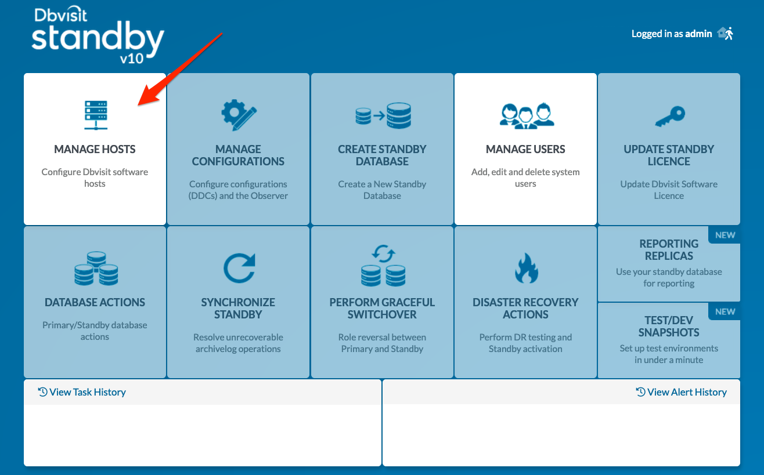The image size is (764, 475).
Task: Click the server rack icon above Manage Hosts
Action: [x=96, y=115]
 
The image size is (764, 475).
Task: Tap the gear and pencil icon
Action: [x=239, y=115]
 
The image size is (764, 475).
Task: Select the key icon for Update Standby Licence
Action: [x=670, y=117]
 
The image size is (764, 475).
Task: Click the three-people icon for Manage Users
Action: [x=527, y=116]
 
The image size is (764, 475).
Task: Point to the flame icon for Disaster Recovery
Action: [x=527, y=268]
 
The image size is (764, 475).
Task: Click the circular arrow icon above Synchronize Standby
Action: [x=239, y=268]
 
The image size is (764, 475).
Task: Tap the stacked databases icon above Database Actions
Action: [x=96, y=268]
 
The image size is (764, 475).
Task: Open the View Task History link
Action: [x=82, y=392]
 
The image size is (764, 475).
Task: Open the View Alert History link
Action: [x=682, y=392]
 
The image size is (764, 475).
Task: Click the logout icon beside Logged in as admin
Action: [x=725, y=34]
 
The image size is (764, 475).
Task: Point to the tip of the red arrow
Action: [x=138, y=106]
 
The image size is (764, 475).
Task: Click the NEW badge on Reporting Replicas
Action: [x=725, y=235]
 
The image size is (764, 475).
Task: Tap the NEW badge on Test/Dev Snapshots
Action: [x=725, y=312]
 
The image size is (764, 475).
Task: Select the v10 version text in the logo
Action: [x=131, y=59]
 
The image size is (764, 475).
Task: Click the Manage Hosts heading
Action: [x=95, y=149]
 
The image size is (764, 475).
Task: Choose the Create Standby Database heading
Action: [x=382, y=155]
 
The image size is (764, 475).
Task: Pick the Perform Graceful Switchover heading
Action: [x=382, y=309]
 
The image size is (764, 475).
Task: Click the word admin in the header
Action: [x=698, y=34]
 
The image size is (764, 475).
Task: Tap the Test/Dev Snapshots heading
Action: [x=669, y=326]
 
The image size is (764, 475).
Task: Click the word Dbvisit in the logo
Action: [x=61, y=14]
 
